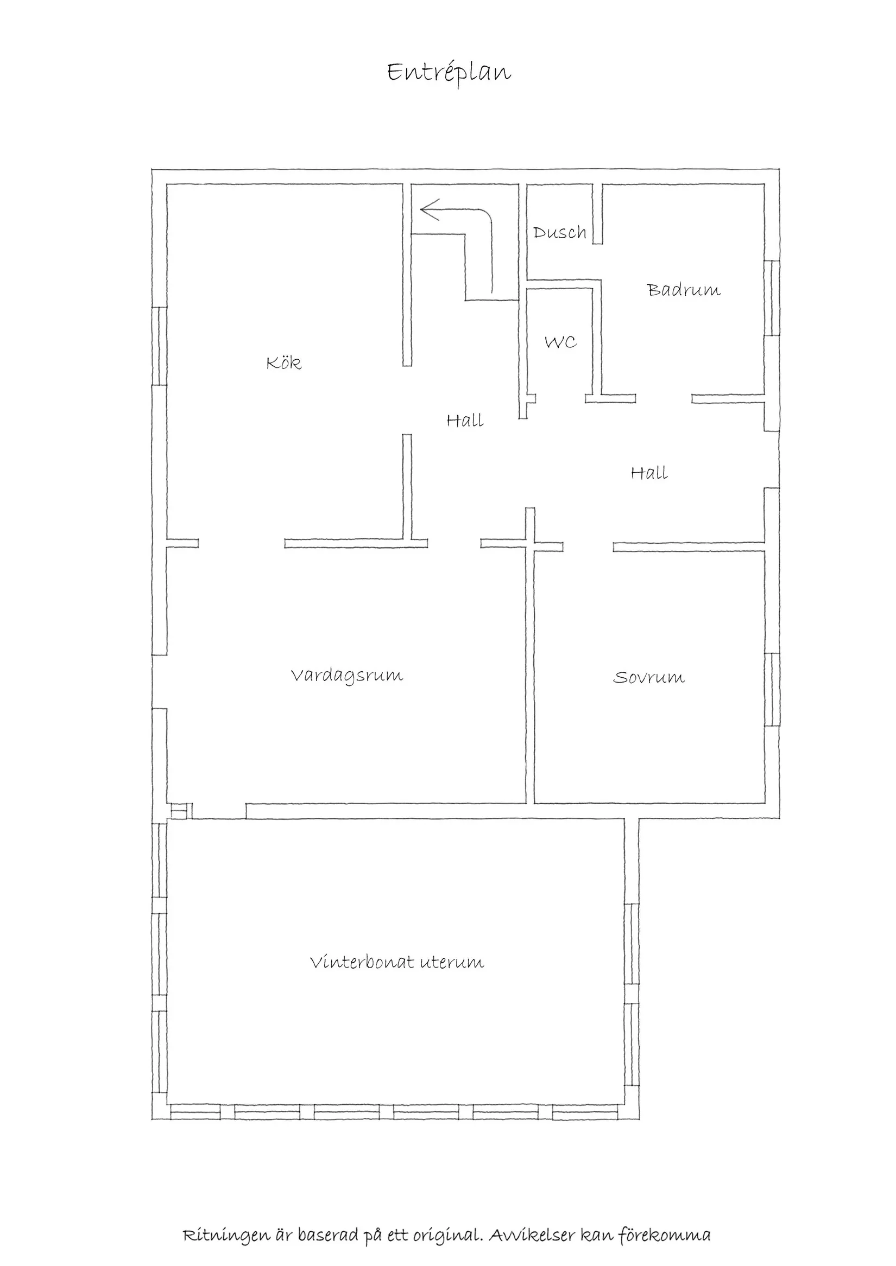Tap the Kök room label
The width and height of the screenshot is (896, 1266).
pos(284,362)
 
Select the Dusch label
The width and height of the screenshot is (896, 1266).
pos(559,232)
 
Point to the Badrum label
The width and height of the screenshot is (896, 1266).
pos(684,289)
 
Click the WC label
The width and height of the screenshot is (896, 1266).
pos(560,342)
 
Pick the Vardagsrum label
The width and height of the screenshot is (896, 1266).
pos(347,676)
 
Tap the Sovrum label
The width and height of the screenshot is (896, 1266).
pos(649,677)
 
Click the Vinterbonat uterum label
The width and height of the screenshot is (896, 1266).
pos(397,962)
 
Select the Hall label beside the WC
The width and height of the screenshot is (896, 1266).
pos(465,421)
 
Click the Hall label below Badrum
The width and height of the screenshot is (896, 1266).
pos(649,473)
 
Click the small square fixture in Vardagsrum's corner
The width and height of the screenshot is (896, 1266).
pos(180,811)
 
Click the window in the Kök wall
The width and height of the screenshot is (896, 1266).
pos(160,346)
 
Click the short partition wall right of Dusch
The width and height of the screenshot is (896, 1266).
pos(597,214)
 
